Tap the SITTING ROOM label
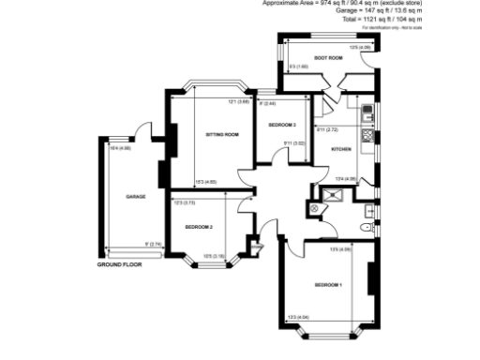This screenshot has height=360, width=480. coord(222,135)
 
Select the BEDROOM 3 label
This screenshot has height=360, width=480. coord(282,125)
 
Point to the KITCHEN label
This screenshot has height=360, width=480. coord(341,150)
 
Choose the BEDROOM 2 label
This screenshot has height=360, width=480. coord(199,228)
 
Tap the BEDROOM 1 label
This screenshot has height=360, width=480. coord(327,285)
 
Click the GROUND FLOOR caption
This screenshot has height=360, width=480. coord(119,265)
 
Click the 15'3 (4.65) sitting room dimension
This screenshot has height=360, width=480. coord(205,182)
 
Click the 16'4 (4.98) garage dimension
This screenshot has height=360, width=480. coord(119,148)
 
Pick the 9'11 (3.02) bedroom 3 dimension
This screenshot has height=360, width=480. coord(293,142)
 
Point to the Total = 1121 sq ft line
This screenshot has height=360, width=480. coord(376,19)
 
